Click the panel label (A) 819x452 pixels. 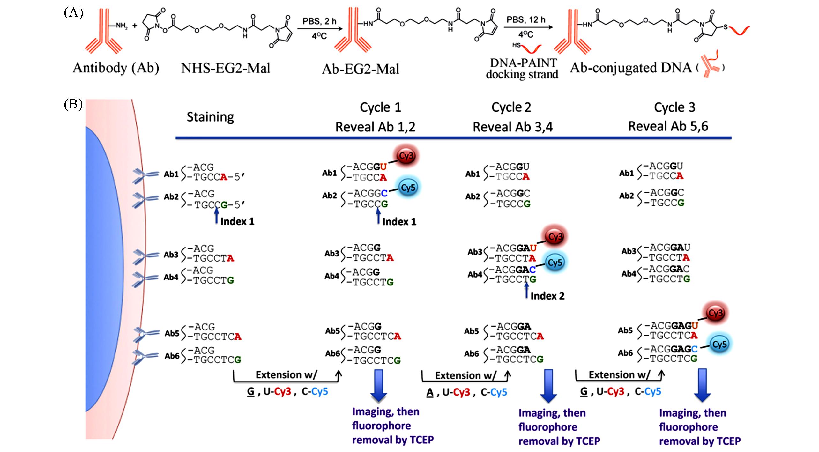73,13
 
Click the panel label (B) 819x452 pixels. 73,105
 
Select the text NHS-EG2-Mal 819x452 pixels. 226,68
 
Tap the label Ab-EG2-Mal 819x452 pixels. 360,69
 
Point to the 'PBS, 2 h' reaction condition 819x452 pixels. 319,21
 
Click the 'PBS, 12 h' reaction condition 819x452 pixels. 526,20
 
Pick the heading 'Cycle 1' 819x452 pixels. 380,107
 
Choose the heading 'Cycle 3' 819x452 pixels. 674,107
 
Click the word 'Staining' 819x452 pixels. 210,117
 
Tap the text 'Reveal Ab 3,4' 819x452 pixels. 512,127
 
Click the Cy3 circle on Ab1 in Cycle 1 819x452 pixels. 406,156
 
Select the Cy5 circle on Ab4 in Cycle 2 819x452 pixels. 555,263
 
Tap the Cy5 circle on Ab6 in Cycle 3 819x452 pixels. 719,344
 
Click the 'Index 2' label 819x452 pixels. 547,296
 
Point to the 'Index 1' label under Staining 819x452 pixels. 237,221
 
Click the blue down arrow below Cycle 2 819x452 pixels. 548,386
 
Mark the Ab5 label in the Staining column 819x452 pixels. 172,333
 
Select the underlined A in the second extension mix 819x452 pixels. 430,392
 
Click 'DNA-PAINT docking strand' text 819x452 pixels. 522,69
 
